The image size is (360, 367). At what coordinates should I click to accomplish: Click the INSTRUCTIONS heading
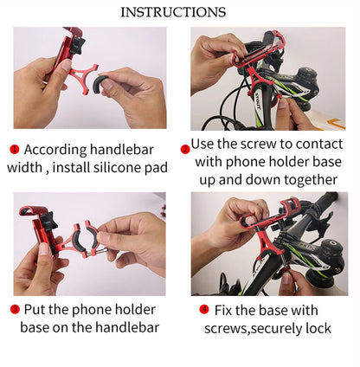tap(173, 12)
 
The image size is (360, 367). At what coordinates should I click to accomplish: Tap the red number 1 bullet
tap(14, 149)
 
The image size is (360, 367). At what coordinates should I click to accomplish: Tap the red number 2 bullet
tap(185, 149)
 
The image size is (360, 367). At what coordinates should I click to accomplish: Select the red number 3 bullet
tap(14, 309)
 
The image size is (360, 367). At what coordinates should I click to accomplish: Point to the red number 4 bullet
tap(204, 309)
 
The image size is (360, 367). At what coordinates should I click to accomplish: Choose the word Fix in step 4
tap(226, 309)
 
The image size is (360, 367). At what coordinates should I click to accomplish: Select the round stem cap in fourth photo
tap(330, 257)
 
